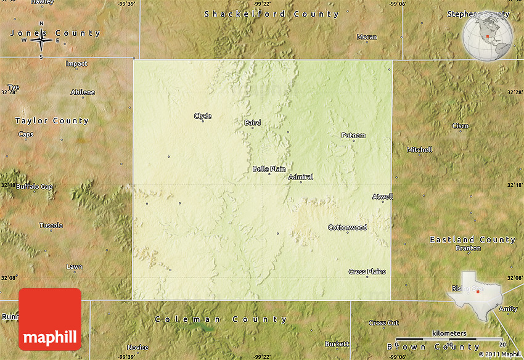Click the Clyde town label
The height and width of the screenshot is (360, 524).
203,116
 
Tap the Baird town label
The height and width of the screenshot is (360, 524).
253,123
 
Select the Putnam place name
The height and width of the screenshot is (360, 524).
353,136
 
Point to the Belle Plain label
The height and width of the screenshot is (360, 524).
269,169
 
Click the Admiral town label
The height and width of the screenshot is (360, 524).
301,177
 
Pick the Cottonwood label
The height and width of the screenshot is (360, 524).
347,227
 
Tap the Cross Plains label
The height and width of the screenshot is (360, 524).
367,271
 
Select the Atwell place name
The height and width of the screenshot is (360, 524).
382,197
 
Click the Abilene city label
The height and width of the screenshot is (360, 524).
83,92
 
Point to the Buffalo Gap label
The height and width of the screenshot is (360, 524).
35,186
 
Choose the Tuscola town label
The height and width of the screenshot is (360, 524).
51,225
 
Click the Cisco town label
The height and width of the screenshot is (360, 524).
460,126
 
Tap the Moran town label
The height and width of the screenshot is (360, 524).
367,37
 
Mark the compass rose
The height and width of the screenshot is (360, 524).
41,41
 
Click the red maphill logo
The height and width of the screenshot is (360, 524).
50,318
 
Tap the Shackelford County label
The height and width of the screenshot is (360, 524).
271,14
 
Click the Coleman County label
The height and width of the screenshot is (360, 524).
220,319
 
